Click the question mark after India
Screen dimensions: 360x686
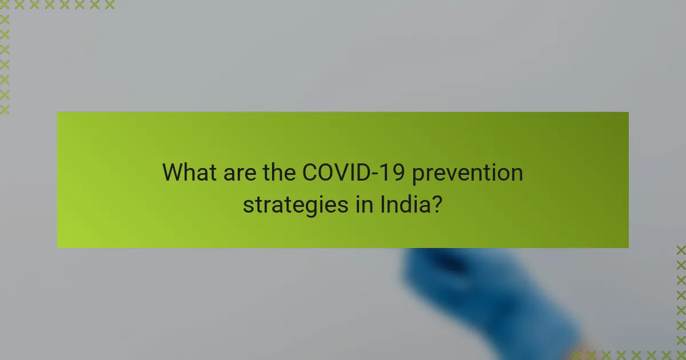[x=437, y=203]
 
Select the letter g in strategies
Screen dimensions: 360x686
[x=305, y=207]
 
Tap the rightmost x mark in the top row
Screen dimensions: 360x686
[x=109, y=5]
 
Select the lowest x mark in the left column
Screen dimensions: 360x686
[x=5, y=109]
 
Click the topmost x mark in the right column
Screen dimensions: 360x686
[x=681, y=250]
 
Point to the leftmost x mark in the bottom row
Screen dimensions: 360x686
[x=577, y=355]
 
